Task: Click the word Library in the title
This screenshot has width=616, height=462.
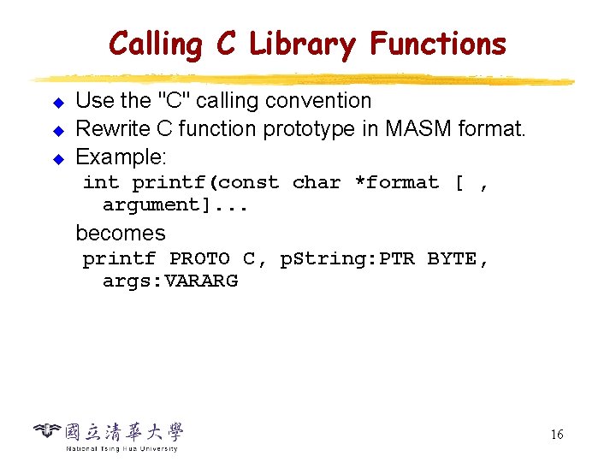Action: [302, 44]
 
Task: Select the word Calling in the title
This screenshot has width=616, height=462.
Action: [155, 44]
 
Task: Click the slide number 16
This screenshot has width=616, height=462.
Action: [556, 435]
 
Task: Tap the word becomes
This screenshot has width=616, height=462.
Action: [121, 233]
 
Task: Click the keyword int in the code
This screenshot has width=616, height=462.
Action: [101, 182]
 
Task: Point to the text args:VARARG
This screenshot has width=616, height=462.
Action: [170, 281]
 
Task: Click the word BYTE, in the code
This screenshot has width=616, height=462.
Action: [458, 258]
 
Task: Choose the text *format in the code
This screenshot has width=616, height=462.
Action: [396, 182]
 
